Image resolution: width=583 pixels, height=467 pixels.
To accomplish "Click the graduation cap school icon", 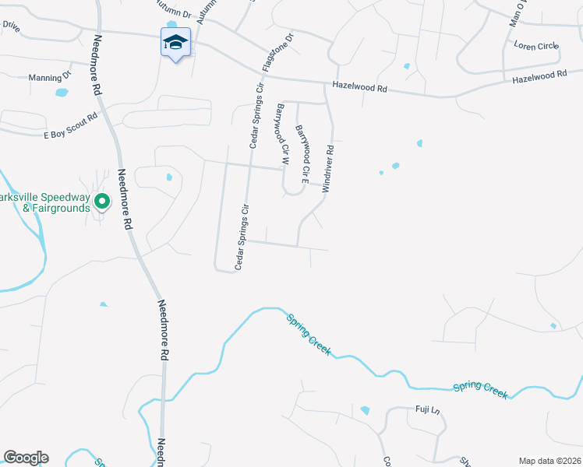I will (x=175, y=42).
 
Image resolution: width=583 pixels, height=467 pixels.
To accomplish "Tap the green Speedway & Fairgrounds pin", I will (x=101, y=202).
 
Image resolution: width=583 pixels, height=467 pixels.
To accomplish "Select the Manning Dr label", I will (x=49, y=78).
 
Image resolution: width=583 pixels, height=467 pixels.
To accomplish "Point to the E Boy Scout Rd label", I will (x=70, y=125).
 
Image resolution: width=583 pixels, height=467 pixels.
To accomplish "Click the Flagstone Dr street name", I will (x=277, y=52).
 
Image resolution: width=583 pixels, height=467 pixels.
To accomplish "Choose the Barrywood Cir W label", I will (x=281, y=135).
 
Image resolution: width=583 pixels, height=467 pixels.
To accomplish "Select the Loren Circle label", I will (x=536, y=46).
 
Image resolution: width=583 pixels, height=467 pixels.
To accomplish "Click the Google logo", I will (x=26, y=458).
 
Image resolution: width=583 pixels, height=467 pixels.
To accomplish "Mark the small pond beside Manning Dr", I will (x=62, y=93).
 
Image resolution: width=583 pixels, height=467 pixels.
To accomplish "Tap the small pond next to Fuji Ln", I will (x=365, y=410).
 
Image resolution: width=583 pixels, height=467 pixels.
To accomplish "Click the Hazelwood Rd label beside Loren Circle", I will (x=539, y=77).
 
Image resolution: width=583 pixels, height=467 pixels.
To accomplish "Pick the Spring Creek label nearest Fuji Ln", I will (x=481, y=389).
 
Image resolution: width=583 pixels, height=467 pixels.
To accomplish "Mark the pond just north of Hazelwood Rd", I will (x=406, y=66).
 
